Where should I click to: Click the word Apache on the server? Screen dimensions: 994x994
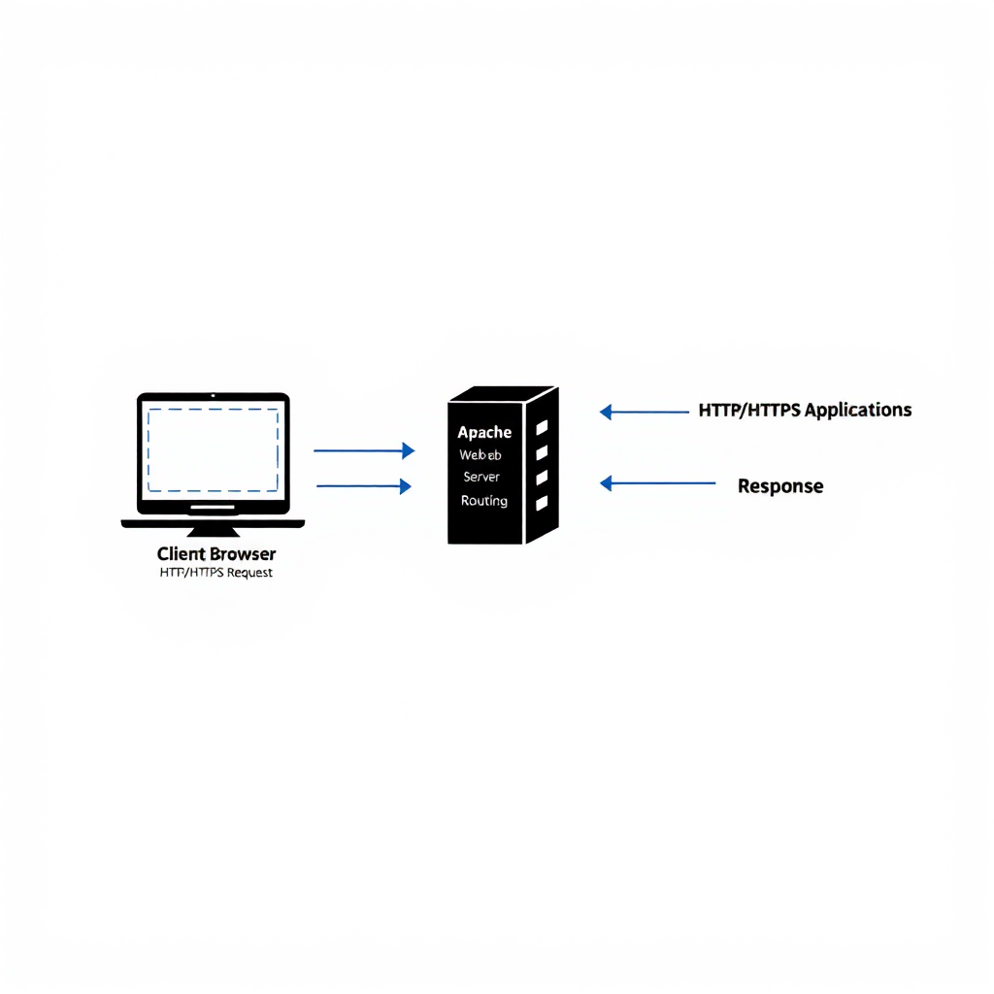[484, 432]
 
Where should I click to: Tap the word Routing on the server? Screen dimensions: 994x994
[484, 501]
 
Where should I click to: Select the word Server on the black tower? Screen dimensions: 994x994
[481, 477]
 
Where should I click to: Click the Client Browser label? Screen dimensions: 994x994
[216, 554]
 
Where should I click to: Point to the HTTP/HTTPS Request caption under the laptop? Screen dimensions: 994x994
[216, 573]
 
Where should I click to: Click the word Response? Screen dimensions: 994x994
[780, 486]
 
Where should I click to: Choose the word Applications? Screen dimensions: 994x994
[858, 410]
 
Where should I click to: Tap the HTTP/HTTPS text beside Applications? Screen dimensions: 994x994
[750, 410]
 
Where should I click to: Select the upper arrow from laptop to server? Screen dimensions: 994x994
[364, 450]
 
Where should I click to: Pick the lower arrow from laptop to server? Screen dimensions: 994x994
[364, 486]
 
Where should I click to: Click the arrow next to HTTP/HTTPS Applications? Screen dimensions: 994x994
[645, 412]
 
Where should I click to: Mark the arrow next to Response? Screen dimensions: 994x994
[657, 482]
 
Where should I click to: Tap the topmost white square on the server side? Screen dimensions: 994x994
[542, 427]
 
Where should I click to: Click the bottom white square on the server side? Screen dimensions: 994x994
[542, 503]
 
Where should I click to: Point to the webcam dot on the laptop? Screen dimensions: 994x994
[213, 396]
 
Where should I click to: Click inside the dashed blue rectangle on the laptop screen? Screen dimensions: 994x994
[213, 449]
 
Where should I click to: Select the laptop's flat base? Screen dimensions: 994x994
[213, 524]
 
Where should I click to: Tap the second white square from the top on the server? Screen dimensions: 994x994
[542, 452]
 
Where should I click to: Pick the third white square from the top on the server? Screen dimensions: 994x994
[542, 478]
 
